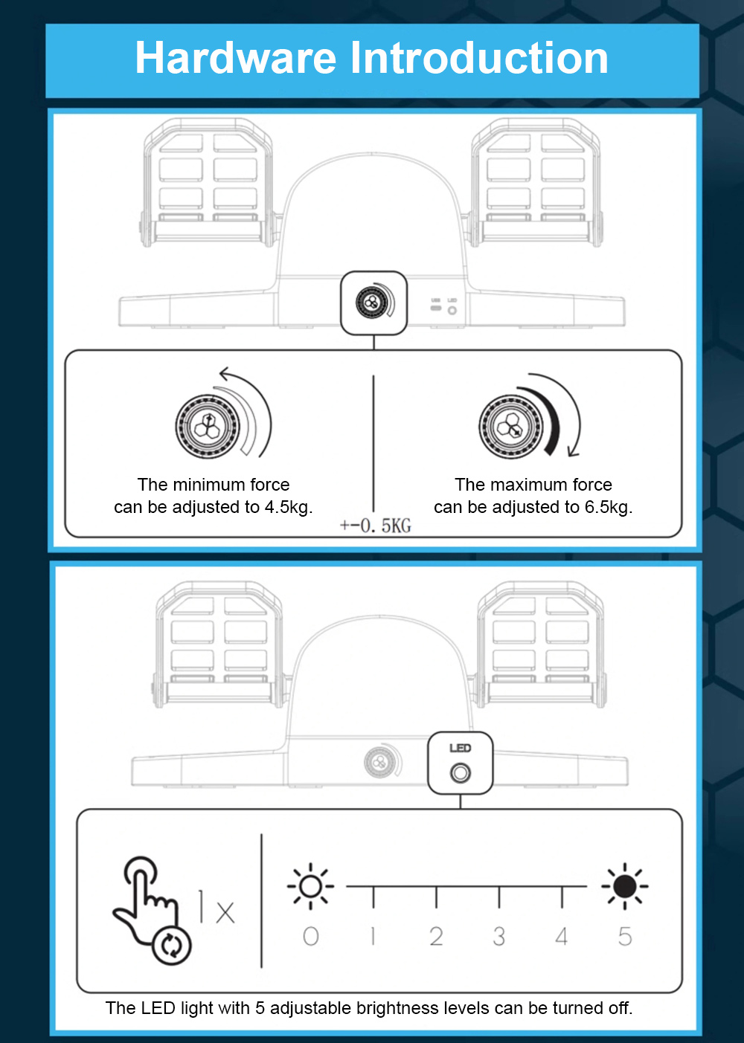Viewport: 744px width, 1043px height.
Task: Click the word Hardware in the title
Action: point(235,58)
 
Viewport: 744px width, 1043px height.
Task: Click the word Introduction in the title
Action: point(479,58)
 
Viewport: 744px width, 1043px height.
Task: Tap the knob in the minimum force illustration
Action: point(208,426)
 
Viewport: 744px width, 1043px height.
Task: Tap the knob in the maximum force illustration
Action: point(512,427)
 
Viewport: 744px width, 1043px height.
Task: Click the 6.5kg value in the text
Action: point(609,507)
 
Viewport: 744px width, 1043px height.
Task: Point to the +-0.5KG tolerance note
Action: point(376,526)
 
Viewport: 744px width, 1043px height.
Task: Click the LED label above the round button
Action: point(461,748)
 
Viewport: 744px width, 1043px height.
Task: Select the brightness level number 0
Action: point(311,936)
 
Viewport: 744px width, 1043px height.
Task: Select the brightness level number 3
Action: point(499,936)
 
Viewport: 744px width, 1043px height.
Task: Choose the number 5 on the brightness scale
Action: point(625,936)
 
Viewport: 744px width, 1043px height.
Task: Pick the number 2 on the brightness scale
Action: point(436,936)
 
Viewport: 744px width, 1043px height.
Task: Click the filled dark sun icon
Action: point(625,886)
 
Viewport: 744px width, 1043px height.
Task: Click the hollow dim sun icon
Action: point(311,886)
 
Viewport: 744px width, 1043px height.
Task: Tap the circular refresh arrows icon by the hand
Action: point(171,946)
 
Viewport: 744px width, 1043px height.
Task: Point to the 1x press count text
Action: point(217,906)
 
